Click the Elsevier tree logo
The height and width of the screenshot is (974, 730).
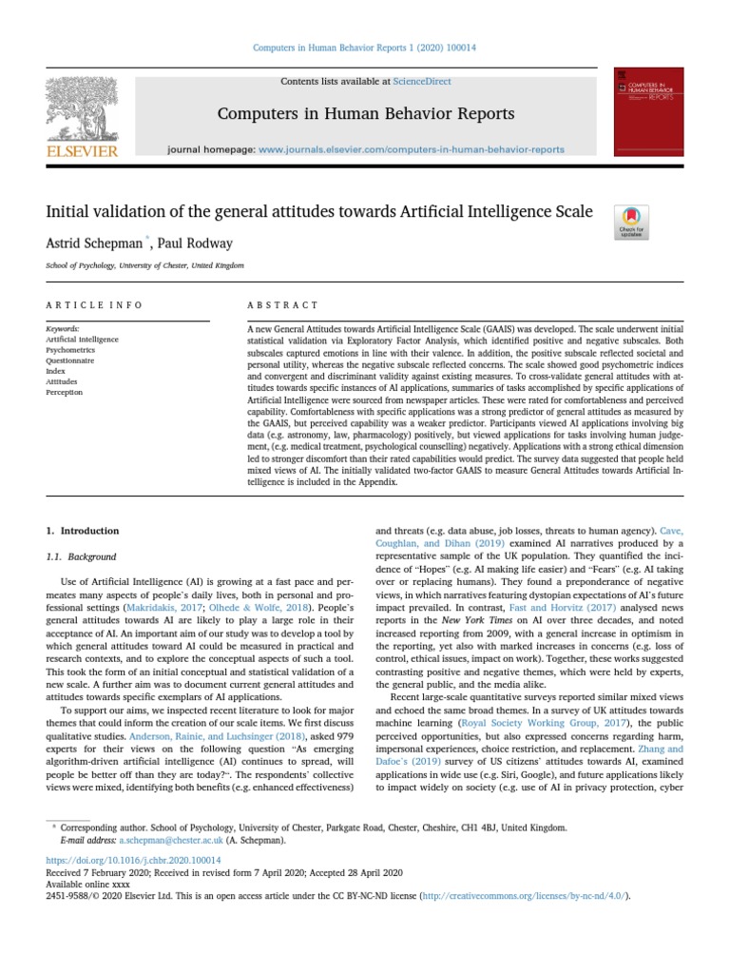click(x=82, y=107)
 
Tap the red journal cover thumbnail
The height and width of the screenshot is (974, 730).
click(x=648, y=111)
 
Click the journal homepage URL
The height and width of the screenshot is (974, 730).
click(x=411, y=149)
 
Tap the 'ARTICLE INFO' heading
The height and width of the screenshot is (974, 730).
click(x=95, y=305)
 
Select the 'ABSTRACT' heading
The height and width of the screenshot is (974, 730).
click(x=282, y=305)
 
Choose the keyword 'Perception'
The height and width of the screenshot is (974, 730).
click(x=65, y=392)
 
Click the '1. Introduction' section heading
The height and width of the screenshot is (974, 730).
click(x=84, y=531)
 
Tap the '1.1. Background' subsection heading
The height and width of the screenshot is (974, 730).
click(x=82, y=556)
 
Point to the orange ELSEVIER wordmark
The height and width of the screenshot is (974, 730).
click(x=82, y=151)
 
